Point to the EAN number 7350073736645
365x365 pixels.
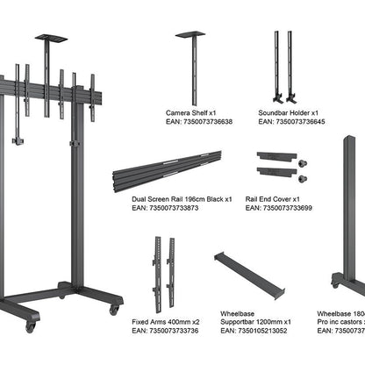pos(291,122)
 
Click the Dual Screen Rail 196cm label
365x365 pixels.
pos(182,199)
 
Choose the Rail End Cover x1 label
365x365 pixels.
pos(276,199)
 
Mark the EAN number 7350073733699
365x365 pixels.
pos(278,208)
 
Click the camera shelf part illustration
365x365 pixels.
pos(190,66)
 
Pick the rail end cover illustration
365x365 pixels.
pos(280,166)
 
